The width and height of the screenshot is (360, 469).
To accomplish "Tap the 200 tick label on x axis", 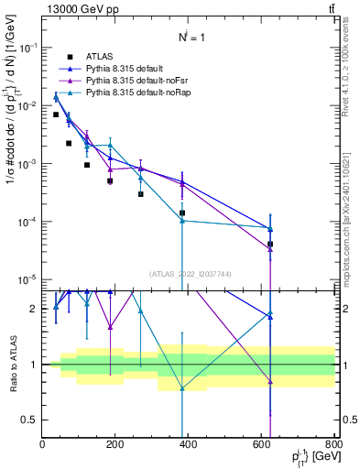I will pos(115,444).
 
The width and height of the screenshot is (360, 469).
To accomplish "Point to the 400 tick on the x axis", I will pos(189,444).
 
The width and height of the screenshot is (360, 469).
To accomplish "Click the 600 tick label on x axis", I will pos(262,444).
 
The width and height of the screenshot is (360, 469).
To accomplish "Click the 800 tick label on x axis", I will pos(333,444).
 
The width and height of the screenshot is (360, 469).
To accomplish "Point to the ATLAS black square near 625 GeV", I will pos(270,245).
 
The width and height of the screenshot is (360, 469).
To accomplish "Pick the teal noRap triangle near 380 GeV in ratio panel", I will pos(182,388).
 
